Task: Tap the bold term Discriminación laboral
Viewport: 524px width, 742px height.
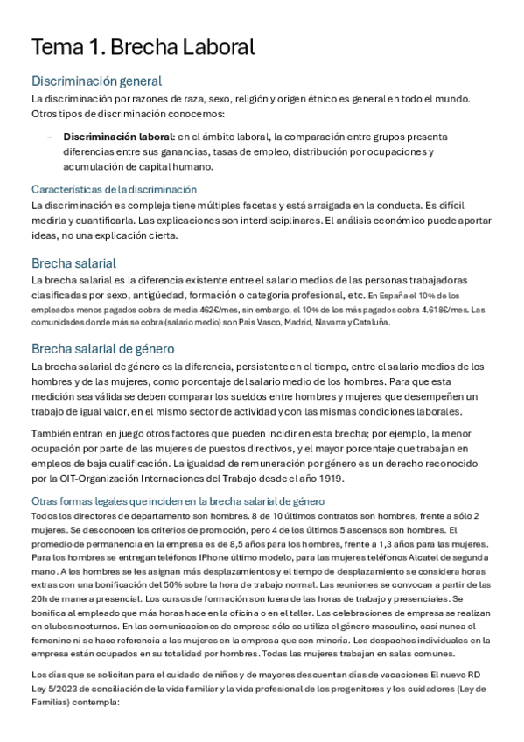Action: [117, 137]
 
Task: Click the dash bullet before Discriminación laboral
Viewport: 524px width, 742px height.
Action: [49, 137]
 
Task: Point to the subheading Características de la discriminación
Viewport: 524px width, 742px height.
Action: [114, 189]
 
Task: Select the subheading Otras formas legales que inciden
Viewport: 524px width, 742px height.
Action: [178, 501]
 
